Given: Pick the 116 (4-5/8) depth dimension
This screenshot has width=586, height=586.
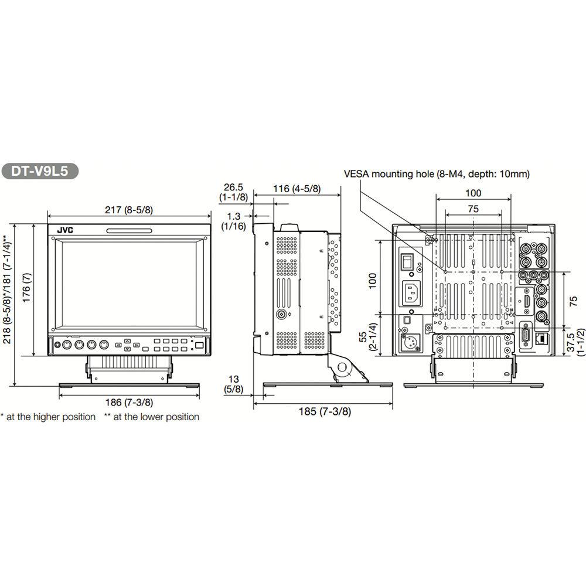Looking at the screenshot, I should (x=297, y=189).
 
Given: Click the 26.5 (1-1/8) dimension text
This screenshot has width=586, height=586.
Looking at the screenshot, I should (x=233, y=192).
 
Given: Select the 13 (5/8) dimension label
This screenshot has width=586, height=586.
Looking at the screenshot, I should (x=233, y=384).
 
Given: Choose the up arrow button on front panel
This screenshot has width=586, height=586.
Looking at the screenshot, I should (x=128, y=340).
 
